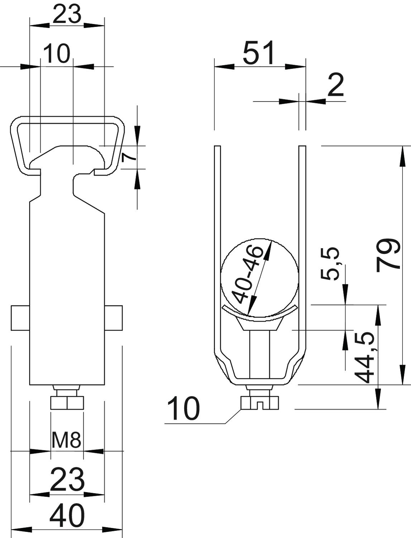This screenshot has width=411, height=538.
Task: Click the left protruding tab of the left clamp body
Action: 20,318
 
